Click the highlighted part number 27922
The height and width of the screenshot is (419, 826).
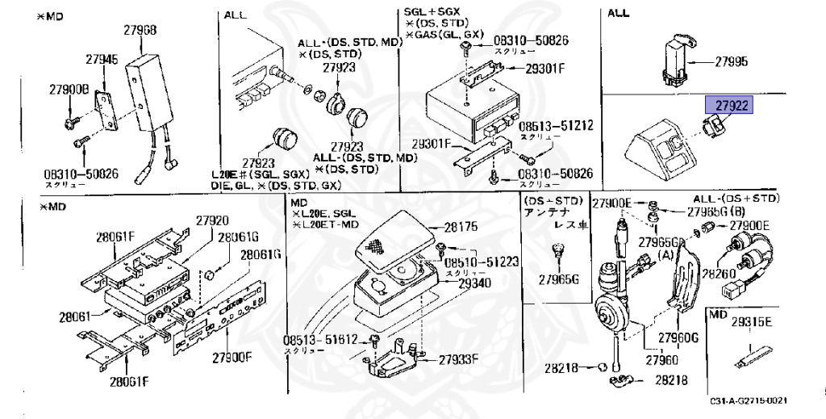pyautogui.click(x=728, y=105)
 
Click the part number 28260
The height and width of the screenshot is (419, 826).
pyautogui.click(x=717, y=274)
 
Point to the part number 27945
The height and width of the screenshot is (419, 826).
pyautogui.click(x=102, y=59)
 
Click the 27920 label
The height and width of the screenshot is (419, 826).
pyautogui.click(x=213, y=220)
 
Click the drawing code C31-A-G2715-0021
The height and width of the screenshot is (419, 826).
pyautogui.click(x=749, y=401)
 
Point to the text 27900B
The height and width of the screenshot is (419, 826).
pyautogui.click(x=69, y=89)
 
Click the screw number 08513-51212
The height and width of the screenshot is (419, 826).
pyautogui.click(x=555, y=126)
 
